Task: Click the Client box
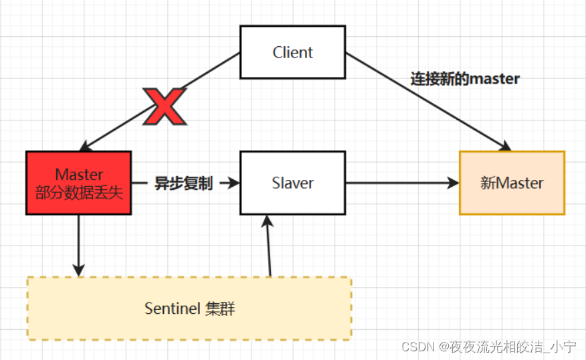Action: tap(292, 52)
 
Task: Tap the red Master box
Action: tap(78, 182)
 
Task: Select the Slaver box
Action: tap(292, 183)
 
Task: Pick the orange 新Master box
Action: tap(512, 183)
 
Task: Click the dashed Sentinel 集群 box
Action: tap(189, 308)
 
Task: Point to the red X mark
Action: tap(165, 107)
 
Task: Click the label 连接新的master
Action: tap(465, 78)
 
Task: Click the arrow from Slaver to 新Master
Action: tap(401, 183)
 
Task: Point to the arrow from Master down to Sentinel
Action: tap(79, 244)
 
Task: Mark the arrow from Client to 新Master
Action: tap(428, 100)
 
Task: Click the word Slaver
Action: tap(292, 183)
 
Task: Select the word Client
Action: tap(292, 52)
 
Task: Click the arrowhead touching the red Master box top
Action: tap(84, 147)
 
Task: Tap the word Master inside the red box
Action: tap(79, 174)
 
